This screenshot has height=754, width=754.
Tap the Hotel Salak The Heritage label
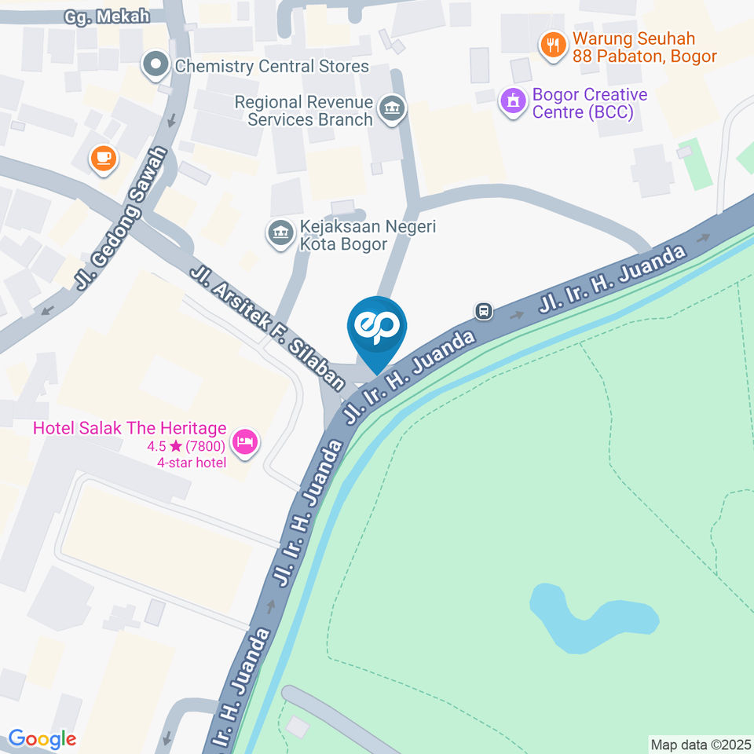coord(130,430)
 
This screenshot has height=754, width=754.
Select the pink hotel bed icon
coord(246,441)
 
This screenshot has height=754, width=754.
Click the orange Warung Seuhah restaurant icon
coord(554,46)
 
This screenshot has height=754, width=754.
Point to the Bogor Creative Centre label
coord(589,104)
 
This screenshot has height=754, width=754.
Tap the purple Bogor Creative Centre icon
coord(514,101)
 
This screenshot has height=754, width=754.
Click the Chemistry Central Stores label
coord(272,65)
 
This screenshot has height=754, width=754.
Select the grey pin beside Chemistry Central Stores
coord(156,65)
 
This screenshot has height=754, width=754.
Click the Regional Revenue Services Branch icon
coord(390,110)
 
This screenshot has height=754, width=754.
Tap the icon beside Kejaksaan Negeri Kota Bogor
coord(279,232)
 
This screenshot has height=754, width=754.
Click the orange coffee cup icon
coord(103,159)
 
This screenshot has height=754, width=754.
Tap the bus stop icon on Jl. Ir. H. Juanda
coord(485,311)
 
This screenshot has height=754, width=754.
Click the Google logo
coord(42,739)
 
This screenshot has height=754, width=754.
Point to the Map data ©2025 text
coord(701,744)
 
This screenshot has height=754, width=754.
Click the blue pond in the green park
coord(589,617)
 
